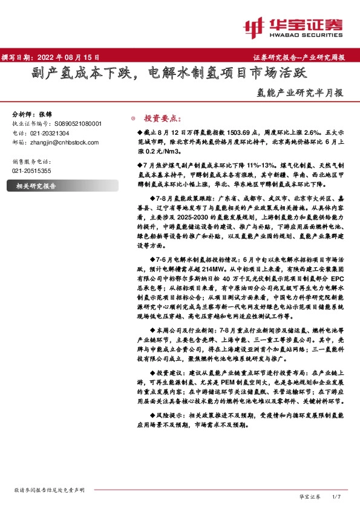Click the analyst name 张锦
pyautogui.click(x=46, y=114)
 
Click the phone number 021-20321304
pyautogui.click(x=49, y=132)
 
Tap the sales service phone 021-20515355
pyautogui.click(x=32, y=171)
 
